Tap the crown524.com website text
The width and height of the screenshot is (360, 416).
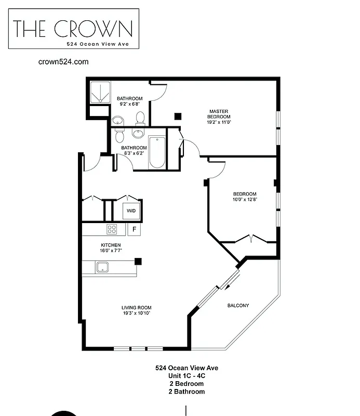coord(63,61)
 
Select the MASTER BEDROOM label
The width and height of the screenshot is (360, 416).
coord(219,114)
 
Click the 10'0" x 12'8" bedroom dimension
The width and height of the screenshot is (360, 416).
coord(245,199)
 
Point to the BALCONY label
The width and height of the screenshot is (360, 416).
coord(238,305)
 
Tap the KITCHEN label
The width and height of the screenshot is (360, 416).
coord(111,245)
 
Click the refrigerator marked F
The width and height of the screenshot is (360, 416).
coord(134,229)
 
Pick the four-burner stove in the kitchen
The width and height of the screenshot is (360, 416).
coord(112,229)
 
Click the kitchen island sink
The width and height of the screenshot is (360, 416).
coord(102,268)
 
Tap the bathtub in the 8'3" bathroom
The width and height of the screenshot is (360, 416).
coord(156,152)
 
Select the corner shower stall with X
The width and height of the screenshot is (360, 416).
coord(98,93)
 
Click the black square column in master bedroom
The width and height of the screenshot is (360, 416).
coord(178,116)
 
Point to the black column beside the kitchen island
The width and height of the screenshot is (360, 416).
coord(138,261)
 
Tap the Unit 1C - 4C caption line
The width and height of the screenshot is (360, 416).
coord(186,376)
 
